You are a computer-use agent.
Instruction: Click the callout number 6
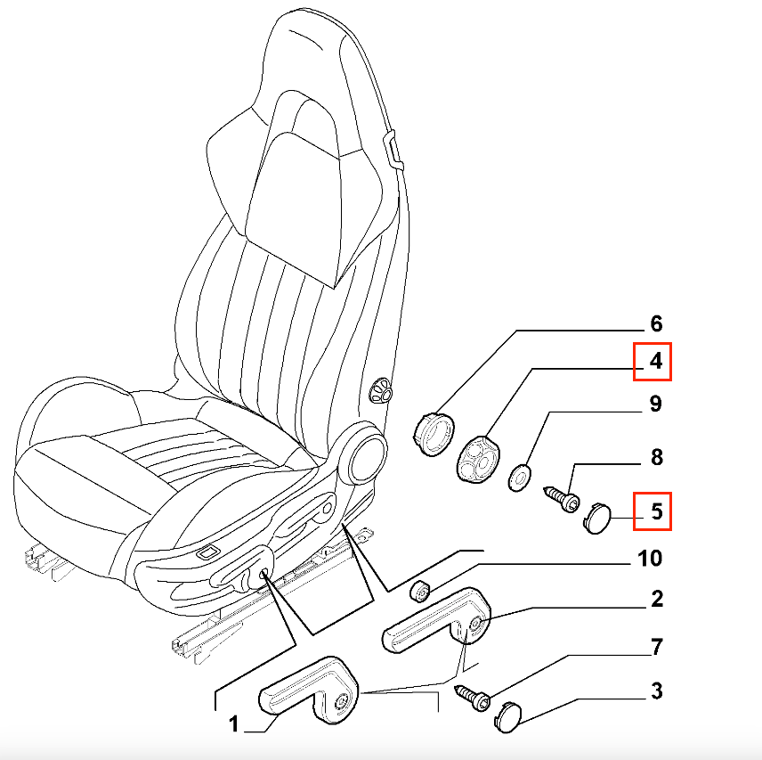click(x=656, y=323)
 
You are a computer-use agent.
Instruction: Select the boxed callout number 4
click(x=653, y=362)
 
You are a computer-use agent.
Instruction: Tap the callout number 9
click(x=656, y=405)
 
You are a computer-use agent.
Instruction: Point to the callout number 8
click(x=657, y=458)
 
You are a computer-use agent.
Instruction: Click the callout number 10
click(x=649, y=559)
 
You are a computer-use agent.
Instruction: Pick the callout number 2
click(x=656, y=599)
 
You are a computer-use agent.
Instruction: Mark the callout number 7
click(x=656, y=648)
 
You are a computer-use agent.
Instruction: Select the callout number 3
click(x=656, y=691)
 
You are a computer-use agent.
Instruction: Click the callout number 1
click(x=232, y=725)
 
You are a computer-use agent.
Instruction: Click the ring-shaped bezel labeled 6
click(x=434, y=435)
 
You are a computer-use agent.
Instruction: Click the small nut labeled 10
click(x=420, y=590)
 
